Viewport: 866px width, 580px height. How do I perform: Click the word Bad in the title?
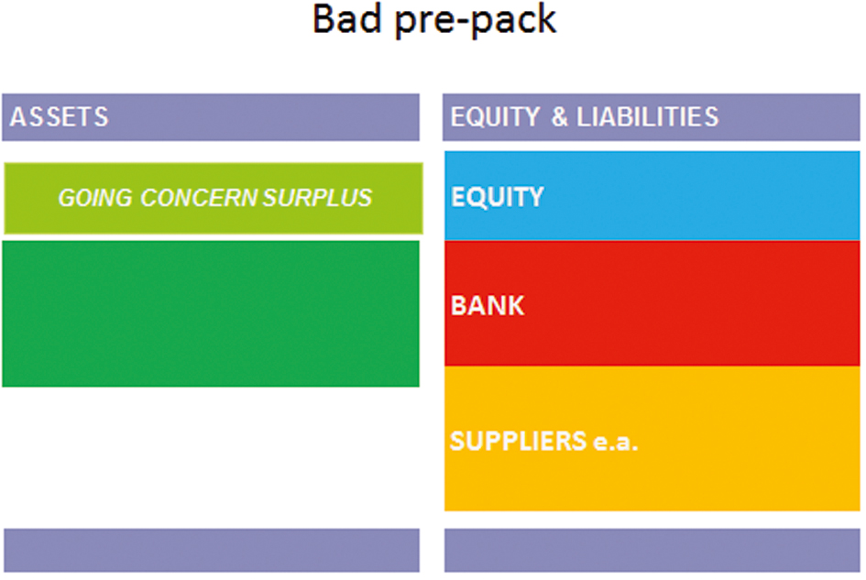pos(347,18)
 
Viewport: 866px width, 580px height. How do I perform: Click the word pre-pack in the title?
pos(476,21)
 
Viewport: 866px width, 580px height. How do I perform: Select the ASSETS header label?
pos(59,117)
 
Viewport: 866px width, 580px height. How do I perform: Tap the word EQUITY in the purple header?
pos(495,117)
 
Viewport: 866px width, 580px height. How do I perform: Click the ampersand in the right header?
pos(559,117)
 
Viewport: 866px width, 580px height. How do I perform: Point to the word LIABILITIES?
pos(647,117)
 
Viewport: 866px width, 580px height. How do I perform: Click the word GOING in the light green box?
pos(95,198)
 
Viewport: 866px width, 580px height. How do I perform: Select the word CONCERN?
pos(199,198)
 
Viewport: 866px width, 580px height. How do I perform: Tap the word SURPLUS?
pos(317,198)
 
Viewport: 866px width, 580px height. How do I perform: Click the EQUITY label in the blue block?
pos(497,197)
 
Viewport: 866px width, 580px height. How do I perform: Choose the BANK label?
pos(488,305)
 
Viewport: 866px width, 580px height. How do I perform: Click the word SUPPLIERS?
pos(518,441)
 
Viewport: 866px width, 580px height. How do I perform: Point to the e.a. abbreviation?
pos(615,442)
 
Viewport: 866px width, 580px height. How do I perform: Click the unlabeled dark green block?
pos(211,313)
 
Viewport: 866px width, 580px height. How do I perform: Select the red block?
pos(652,303)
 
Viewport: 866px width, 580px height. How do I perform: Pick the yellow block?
pos(652,439)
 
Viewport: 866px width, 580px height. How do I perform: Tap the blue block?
pos(652,195)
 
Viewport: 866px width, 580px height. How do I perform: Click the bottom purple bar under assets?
pos(212,550)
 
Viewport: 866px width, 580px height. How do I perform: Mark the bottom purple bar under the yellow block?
pos(652,550)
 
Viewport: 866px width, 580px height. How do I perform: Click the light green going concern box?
pos(214,198)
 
